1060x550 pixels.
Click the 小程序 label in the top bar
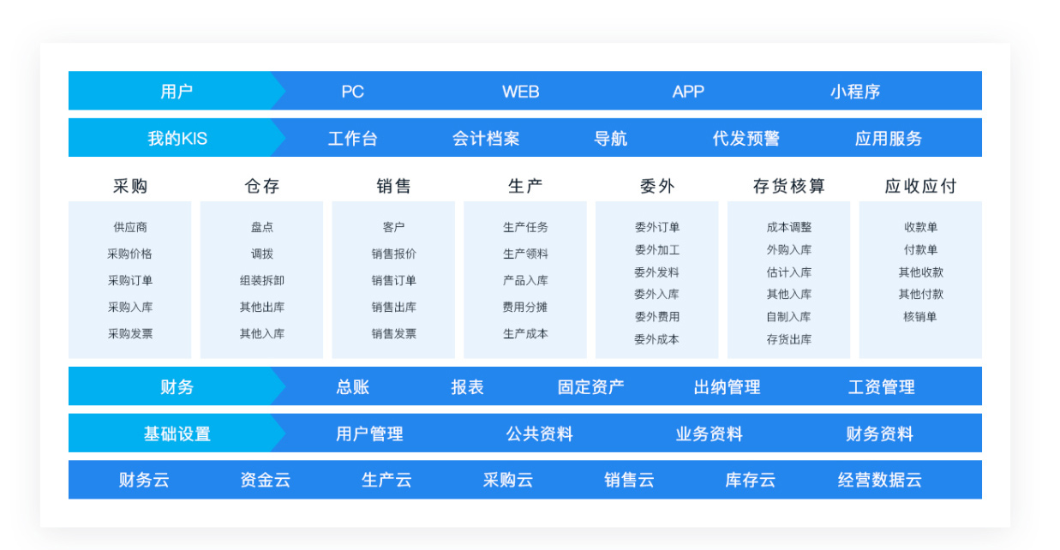pos(855,92)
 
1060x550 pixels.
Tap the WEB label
pos(520,92)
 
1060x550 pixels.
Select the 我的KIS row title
pos(177,139)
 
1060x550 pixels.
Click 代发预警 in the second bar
pos(746,139)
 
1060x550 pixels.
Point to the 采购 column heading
pos(130,186)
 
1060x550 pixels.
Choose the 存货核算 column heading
pos(789,186)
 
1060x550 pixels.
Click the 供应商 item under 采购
pos(130,227)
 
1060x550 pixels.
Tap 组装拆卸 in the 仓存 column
pos(261,280)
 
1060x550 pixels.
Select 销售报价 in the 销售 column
pos(393,254)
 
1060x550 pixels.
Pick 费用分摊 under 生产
pos(524,308)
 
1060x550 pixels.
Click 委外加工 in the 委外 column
pos(656,249)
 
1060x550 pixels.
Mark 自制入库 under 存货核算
pos(789,317)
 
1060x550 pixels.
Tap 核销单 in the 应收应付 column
pos(920,317)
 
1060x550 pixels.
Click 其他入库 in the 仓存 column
pos(261,334)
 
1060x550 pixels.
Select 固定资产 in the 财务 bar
pos(590,387)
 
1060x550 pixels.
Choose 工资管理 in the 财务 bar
pos(881,387)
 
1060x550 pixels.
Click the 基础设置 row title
pos(177,433)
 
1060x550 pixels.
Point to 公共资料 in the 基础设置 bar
pos(540,433)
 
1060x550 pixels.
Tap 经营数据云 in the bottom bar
pos(880,480)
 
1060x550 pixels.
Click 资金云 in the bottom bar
pos(265,480)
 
